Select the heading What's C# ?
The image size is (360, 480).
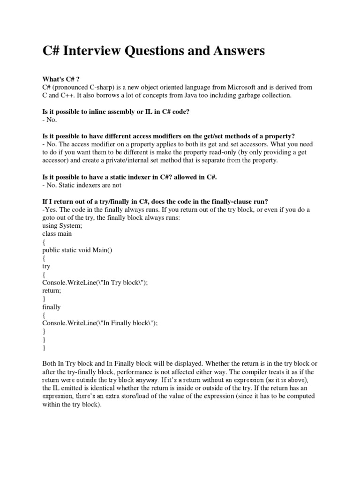click(60, 79)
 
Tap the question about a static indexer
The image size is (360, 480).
click(130, 177)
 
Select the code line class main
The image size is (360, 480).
click(57, 233)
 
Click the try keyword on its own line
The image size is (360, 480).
click(46, 266)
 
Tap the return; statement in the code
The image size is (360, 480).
click(52, 290)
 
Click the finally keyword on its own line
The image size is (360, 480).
click(52, 307)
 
